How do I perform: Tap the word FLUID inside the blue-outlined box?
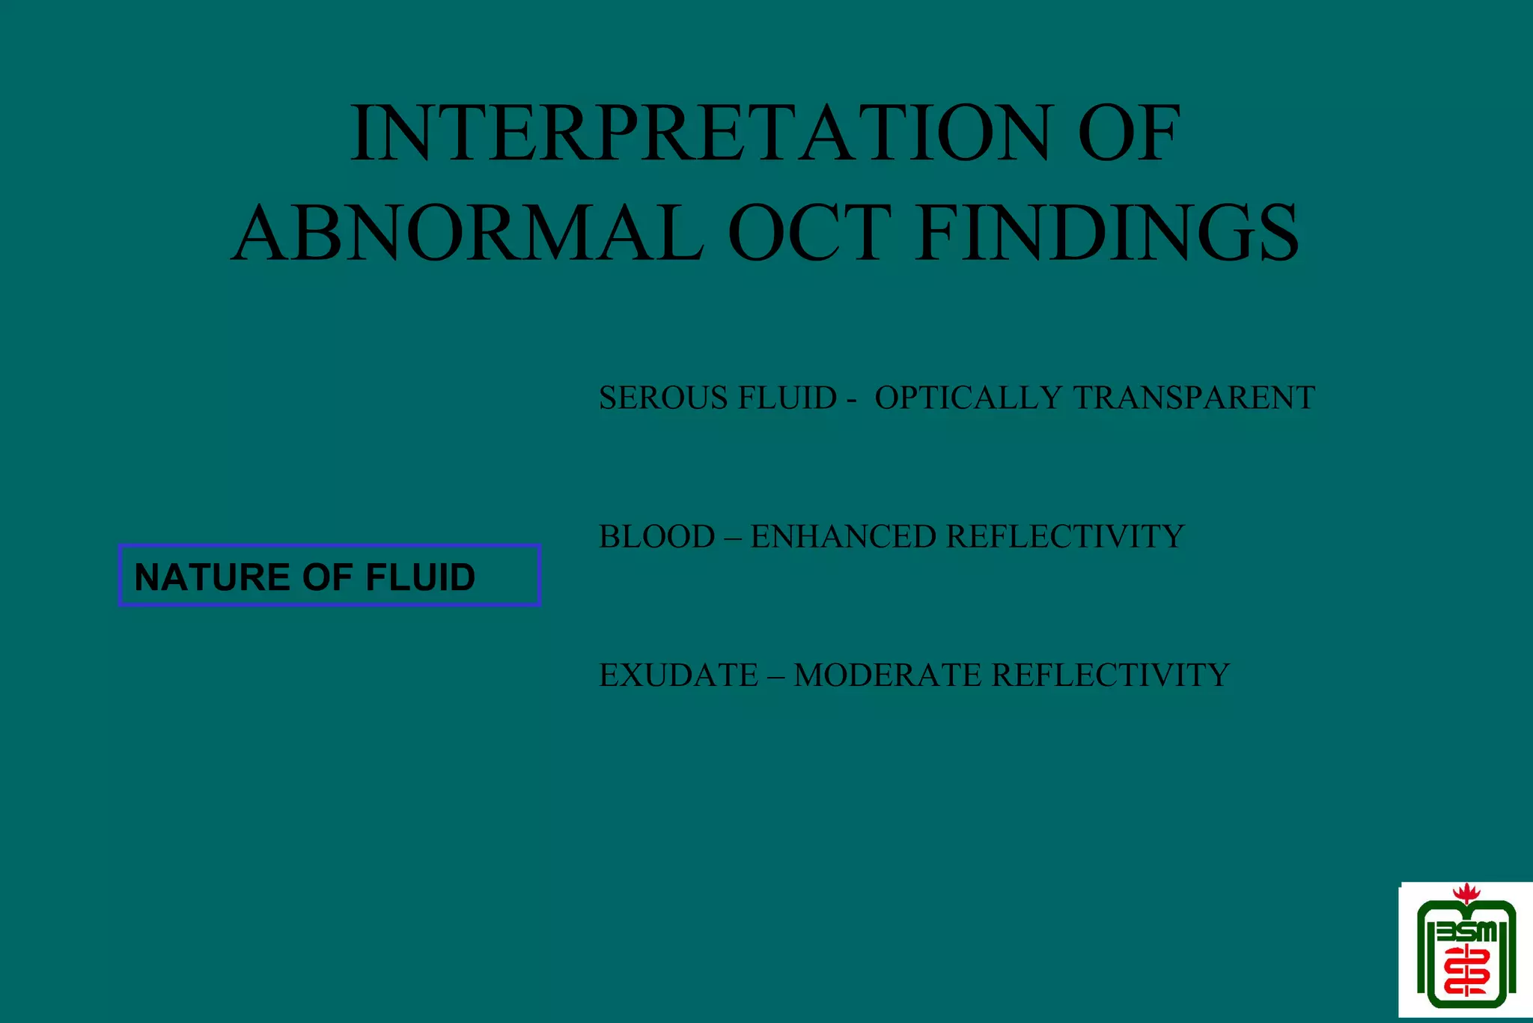click(x=420, y=577)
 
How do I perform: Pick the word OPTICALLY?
click(x=968, y=398)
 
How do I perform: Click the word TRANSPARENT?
click(x=1194, y=398)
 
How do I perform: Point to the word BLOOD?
click(x=656, y=536)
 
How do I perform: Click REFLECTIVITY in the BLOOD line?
click(x=1065, y=536)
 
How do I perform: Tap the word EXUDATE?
click(x=678, y=675)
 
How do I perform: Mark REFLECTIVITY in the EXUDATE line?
click(x=1111, y=675)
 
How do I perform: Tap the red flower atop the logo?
click(x=1466, y=893)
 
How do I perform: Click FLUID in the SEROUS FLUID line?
click(x=787, y=398)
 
